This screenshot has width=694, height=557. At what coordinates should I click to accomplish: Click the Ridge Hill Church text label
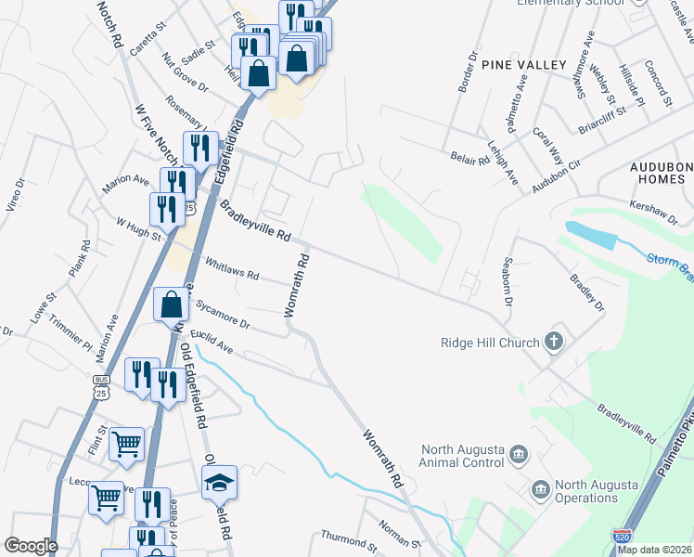pos(490,343)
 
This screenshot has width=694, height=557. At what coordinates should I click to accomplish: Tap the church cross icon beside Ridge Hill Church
pos(554,342)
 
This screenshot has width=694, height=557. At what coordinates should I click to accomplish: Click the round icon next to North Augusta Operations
pos(540,488)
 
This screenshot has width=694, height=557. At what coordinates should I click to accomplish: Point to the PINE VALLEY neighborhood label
pos(523,64)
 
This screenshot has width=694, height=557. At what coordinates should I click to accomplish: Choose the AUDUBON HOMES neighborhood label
pos(662,173)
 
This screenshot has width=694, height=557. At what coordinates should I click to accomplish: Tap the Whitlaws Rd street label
pos(232,269)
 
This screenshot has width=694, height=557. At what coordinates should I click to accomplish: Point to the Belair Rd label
pos(469,159)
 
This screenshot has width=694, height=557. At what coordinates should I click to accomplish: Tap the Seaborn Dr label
pos(508,282)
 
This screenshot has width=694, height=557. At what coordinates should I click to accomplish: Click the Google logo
pos(31,545)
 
